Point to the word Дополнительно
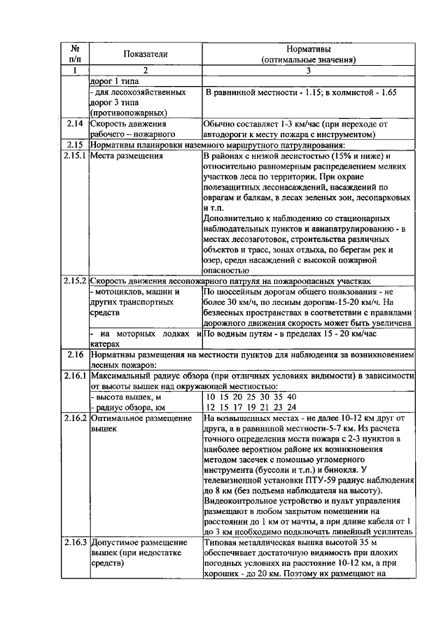pos(233,218)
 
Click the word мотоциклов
pos(120,291)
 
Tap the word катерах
pos(106,345)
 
